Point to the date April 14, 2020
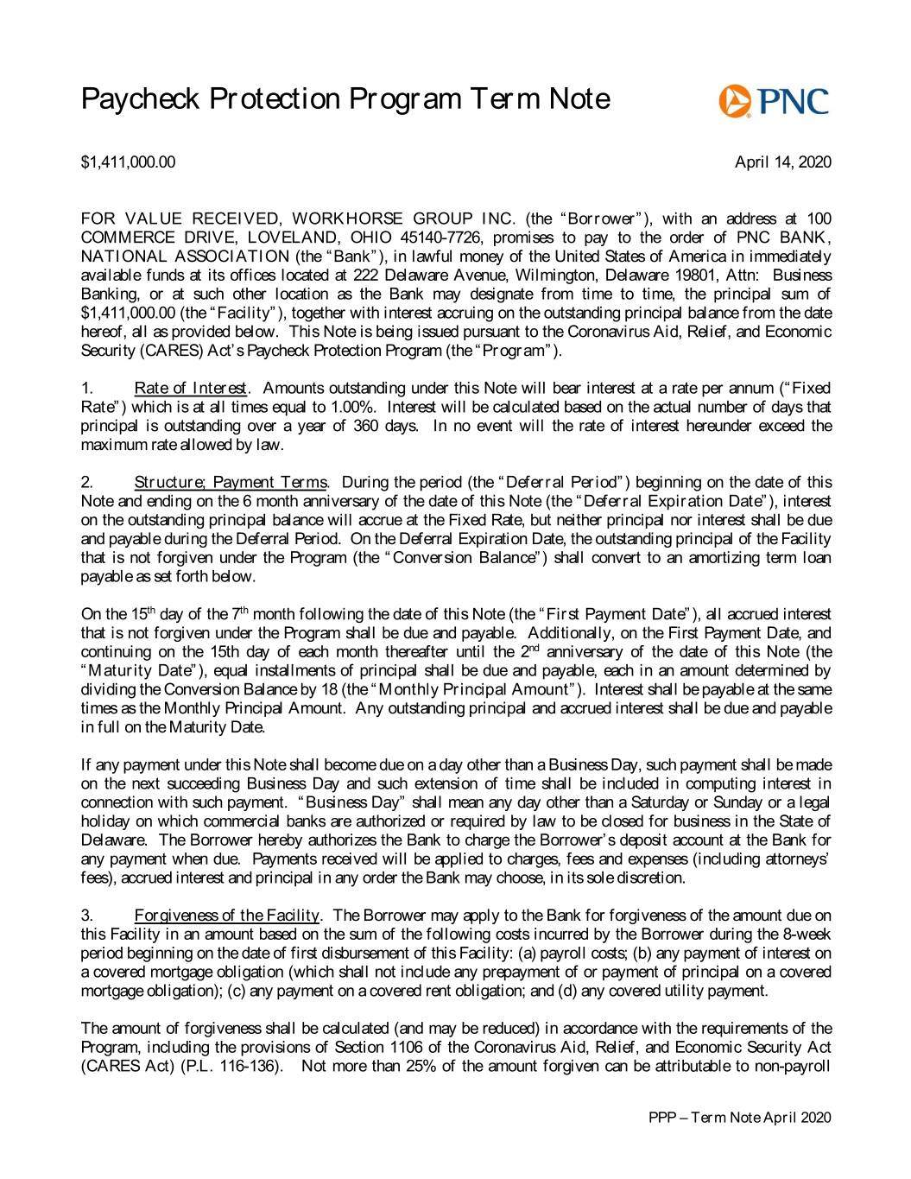coord(782,162)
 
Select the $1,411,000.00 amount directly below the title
coord(128,162)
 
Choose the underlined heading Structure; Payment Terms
coord(231,482)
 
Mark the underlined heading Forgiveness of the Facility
coord(227,916)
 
